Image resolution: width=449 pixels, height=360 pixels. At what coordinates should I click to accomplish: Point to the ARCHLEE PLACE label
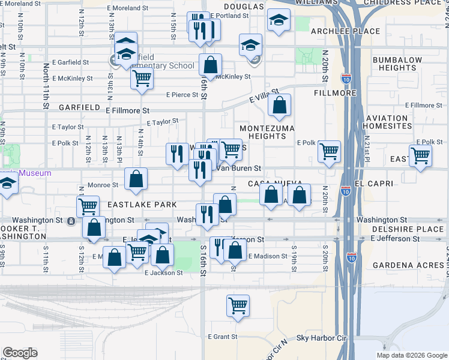pos(354,31)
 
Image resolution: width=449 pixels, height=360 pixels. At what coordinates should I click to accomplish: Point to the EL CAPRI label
pos(373,183)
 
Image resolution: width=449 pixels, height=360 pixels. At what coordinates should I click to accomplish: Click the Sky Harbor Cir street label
pos(322,338)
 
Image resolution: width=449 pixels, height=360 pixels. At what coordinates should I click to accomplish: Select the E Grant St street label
pos(223,337)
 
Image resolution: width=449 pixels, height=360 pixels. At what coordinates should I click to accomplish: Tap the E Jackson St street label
pos(163,272)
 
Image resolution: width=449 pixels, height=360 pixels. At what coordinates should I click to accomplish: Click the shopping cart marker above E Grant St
pos(238,305)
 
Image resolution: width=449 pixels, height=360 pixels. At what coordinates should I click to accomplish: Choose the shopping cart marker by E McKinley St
pos(142,78)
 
